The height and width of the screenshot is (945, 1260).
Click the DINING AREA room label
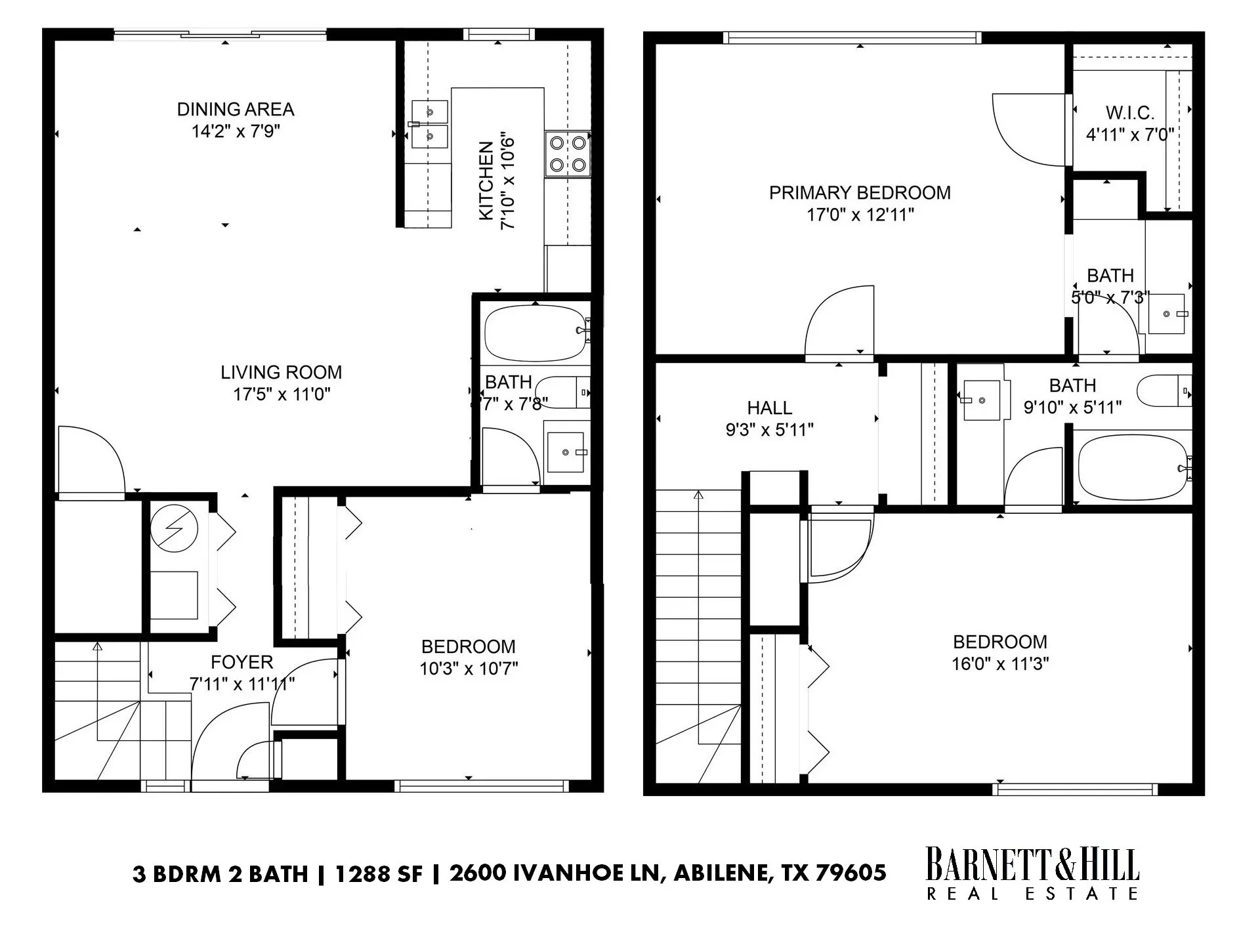tap(236, 109)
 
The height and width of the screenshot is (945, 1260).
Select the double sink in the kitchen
tap(430, 124)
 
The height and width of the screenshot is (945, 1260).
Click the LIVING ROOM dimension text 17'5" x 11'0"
tap(282, 394)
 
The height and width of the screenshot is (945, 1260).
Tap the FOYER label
tap(241, 662)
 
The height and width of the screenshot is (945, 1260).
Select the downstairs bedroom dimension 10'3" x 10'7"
tap(469, 669)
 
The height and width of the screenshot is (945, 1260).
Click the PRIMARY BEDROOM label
tap(860, 193)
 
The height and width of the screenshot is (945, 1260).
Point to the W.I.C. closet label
tap(1129, 113)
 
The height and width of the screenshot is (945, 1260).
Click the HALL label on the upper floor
tap(769, 408)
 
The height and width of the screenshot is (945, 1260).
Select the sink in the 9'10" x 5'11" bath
tap(982, 400)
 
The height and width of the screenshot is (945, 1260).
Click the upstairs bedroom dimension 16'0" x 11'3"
tap(1000, 664)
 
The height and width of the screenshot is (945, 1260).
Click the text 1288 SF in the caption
tap(379, 874)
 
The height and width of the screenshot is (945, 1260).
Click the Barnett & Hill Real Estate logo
tap(1032, 873)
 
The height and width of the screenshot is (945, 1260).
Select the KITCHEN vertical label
tap(486, 181)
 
